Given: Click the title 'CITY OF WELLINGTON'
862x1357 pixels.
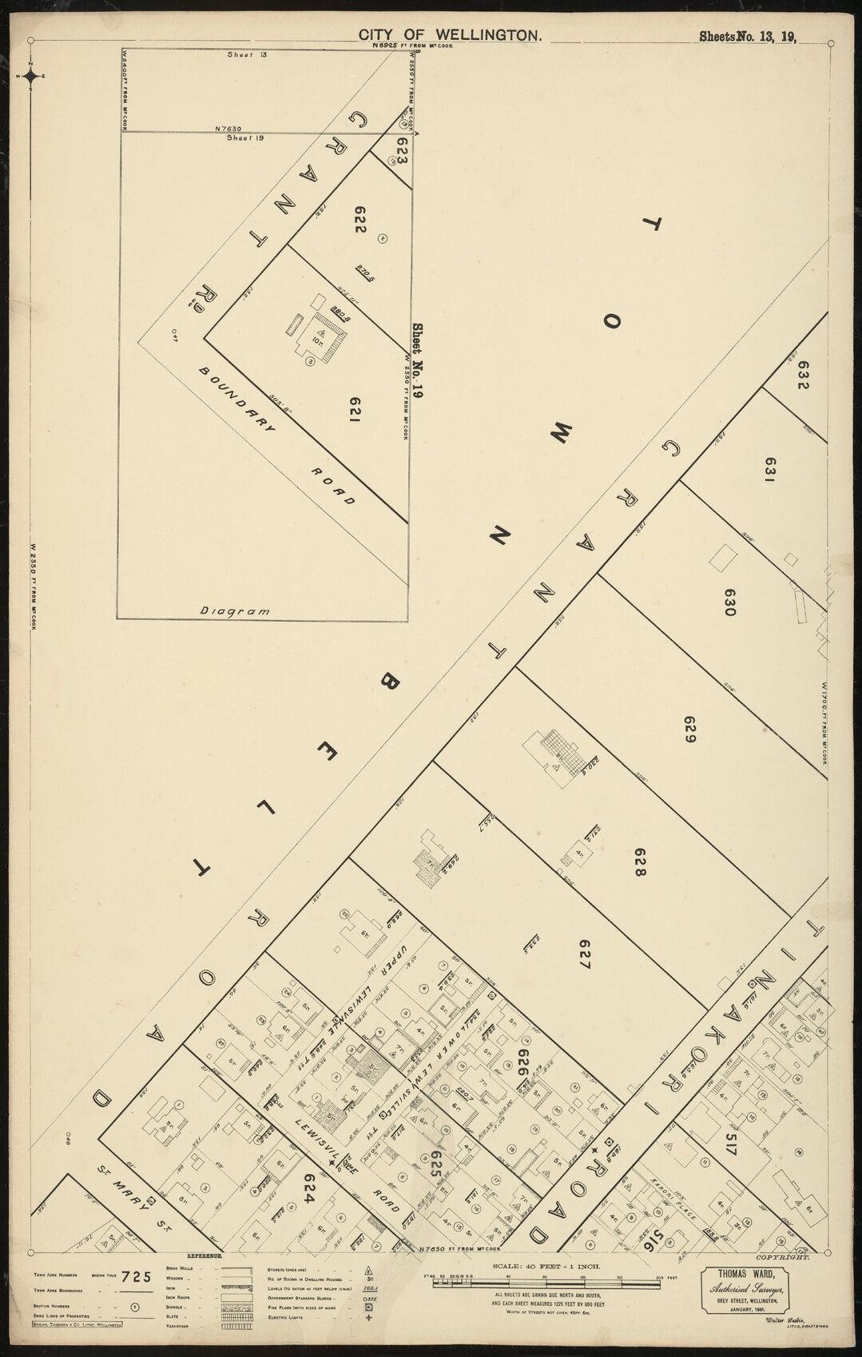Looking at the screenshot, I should point(451,34).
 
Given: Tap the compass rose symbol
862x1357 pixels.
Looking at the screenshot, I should point(30,77).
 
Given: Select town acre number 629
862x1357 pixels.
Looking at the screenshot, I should point(691,730).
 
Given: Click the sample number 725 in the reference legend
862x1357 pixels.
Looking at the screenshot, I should point(141,1276).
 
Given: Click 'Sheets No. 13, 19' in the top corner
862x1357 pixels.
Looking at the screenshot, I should point(749,35).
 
